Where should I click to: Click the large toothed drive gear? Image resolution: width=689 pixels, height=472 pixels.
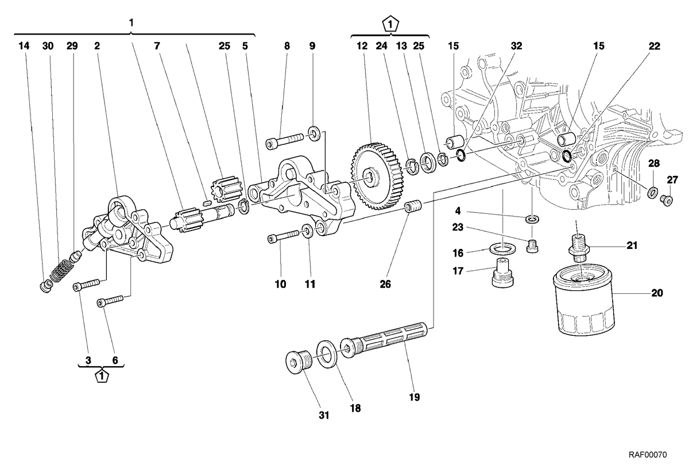click(x=376, y=176)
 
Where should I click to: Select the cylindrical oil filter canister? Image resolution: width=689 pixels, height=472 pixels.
click(x=583, y=300)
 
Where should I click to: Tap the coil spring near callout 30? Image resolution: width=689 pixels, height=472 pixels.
click(x=61, y=270)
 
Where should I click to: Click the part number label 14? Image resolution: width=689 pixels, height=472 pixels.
click(x=24, y=46)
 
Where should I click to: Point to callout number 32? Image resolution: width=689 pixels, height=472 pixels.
click(x=516, y=46)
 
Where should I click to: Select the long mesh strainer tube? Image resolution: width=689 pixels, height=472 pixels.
click(x=384, y=340)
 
